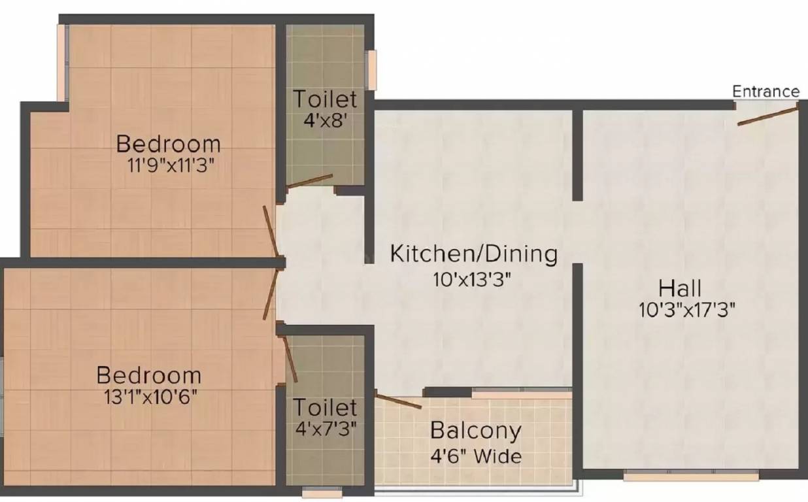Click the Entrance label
(x=766, y=92)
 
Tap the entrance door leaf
(x=768, y=116)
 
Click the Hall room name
(x=680, y=288)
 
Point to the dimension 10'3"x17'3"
(x=688, y=309)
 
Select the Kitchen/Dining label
(x=474, y=254)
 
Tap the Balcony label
(x=476, y=431)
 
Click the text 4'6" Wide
(x=476, y=455)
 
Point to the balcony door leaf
(x=399, y=400)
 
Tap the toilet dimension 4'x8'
(x=325, y=122)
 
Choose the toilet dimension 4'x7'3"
(x=325, y=430)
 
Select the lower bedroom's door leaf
(x=269, y=295)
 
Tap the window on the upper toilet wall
(x=371, y=69)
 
